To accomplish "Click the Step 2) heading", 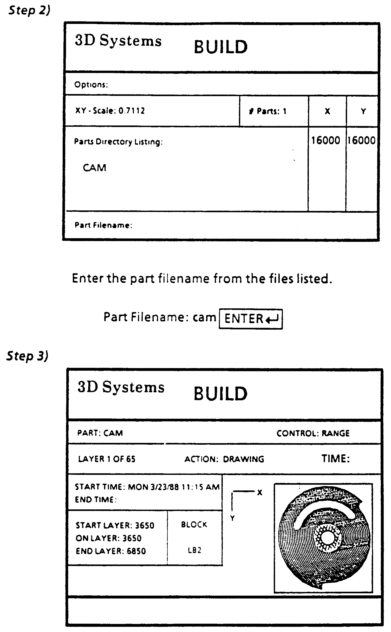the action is [x=29, y=10].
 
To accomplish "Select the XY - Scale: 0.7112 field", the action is [x=110, y=111].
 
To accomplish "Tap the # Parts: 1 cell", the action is [x=268, y=111].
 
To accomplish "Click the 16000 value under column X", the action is [x=326, y=141].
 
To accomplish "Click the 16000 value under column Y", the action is [x=361, y=141].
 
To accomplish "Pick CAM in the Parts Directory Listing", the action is [x=95, y=168].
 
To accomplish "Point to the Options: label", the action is [x=91, y=85].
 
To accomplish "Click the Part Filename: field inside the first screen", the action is [x=103, y=225].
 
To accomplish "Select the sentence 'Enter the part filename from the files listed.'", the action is [x=202, y=279].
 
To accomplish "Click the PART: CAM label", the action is [x=100, y=433].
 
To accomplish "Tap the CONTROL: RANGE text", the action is [x=313, y=433].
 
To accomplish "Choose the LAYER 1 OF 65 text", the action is [x=107, y=459].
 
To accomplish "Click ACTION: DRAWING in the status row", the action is [x=224, y=459].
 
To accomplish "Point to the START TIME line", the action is [x=147, y=487].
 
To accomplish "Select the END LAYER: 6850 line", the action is [x=111, y=551].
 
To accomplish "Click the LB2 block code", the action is [x=194, y=550].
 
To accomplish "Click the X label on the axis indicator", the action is [x=259, y=493].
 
